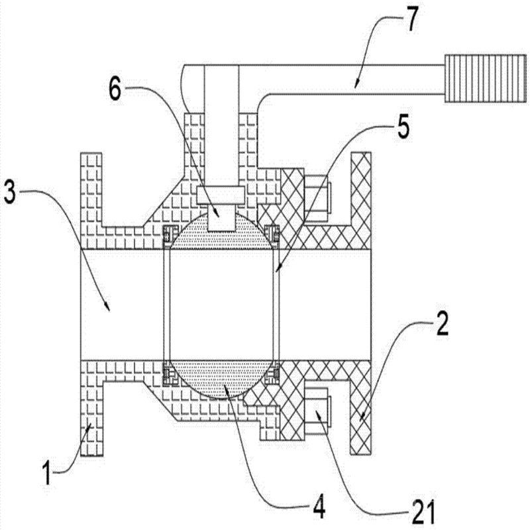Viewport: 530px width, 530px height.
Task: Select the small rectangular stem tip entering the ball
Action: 220,218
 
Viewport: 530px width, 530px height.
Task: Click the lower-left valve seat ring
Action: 169,376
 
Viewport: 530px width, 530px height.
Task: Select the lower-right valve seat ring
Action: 272,376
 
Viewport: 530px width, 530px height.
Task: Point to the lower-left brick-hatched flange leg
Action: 91,417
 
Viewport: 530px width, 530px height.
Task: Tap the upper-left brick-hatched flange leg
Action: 91,189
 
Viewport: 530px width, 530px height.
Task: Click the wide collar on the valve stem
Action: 221,195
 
